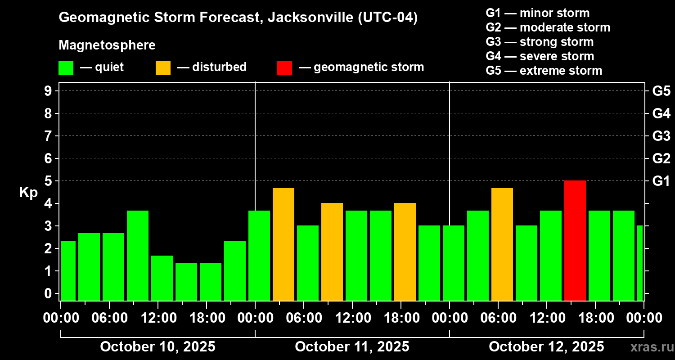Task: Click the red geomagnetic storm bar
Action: click(x=575, y=240)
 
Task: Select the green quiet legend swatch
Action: click(x=66, y=68)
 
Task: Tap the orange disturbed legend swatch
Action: click(x=163, y=68)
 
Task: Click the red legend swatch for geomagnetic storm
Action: click(x=284, y=68)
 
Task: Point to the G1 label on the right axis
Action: click(x=661, y=181)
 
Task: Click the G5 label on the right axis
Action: click(x=661, y=91)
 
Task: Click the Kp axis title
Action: click(x=28, y=193)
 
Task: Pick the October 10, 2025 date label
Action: click(x=157, y=346)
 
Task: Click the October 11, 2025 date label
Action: click(x=352, y=346)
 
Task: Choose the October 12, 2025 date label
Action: click(x=546, y=346)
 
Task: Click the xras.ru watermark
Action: click(x=648, y=347)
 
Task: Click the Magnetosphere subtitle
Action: click(x=107, y=45)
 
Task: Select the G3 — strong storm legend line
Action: click(x=540, y=42)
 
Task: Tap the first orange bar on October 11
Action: click(x=283, y=244)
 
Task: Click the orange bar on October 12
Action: click(x=502, y=244)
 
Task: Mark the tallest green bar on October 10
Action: click(x=138, y=256)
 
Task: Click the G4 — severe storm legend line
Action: click(x=540, y=56)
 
